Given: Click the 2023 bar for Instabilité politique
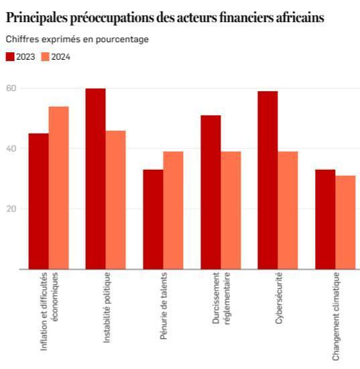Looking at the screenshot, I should pyautogui.click(x=96, y=178).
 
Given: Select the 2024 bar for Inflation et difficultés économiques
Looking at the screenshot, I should pyautogui.click(x=58, y=188).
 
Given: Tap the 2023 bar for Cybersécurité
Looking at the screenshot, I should pyautogui.click(x=267, y=180).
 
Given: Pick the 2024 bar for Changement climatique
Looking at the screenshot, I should pyautogui.click(x=345, y=222).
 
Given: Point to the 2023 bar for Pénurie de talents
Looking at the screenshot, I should pyautogui.click(x=153, y=219).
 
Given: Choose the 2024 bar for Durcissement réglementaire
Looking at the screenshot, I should pyautogui.click(x=231, y=210).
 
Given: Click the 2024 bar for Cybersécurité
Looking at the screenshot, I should pyautogui.click(x=288, y=210).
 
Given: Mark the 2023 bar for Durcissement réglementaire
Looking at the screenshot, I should pyautogui.click(x=211, y=192).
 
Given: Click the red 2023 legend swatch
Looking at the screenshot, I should pyautogui.click(x=10, y=57).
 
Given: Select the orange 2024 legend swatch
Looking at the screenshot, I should pyautogui.click(x=46, y=57).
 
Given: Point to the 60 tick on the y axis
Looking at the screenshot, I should pyautogui.click(x=11, y=88).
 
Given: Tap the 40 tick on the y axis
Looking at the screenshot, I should pyautogui.click(x=11, y=148).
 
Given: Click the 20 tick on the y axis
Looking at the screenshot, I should pyautogui.click(x=11, y=209).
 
